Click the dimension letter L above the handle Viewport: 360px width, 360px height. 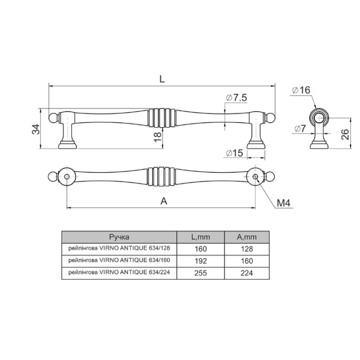(x=162, y=79)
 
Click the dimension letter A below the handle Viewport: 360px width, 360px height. (x=164, y=201)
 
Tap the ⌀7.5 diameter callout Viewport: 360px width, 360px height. (x=236, y=98)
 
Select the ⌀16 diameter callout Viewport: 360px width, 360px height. (x=301, y=90)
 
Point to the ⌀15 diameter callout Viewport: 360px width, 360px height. (x=234, y=153)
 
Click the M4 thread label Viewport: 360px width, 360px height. (x=283, y=203)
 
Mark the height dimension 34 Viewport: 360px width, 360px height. (x=36, y=129)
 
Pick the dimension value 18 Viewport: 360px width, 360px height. (x=158, y=137)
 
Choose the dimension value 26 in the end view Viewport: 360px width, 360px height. (x=345, y=135)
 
